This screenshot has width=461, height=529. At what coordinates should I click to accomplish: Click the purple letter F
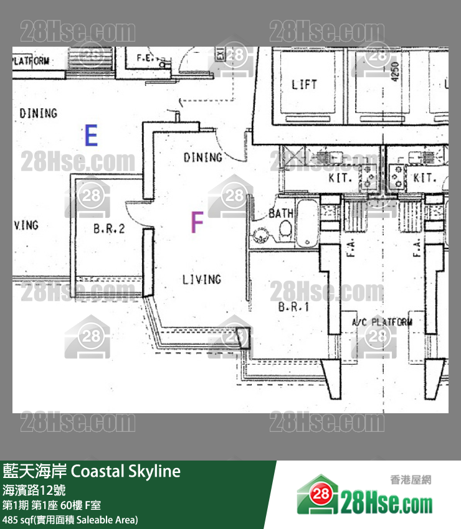pyautogui.click(x=197, y=222)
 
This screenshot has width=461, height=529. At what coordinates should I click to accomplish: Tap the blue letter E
pyautogui.click(x=91, y=135)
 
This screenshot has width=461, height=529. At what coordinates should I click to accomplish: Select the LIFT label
pyautogui.click(x=304, y=84)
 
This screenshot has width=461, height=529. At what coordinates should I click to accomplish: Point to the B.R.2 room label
pyautogui.click(x=109, y=228)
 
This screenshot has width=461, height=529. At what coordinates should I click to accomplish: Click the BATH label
pyautogui.click(x=281, y=213)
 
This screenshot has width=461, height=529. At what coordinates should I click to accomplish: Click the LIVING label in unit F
pyautogui.click(x=201, y=279)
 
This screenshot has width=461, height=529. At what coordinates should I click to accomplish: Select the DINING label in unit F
pyautogui.click(x=202, y=157)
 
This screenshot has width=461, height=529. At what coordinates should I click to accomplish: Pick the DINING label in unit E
pyautogui.click(x=38, y=113)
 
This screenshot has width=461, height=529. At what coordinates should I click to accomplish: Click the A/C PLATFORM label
pyautogui.click(x=382, y=322)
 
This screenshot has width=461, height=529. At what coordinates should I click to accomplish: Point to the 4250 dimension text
pyautogui.click(x=394, y=73)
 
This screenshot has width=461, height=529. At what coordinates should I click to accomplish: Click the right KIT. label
pyautogui.click(x=425, y=178)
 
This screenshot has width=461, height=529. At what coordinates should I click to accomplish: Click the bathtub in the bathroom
pyautogui.click(x=307, y=222)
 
